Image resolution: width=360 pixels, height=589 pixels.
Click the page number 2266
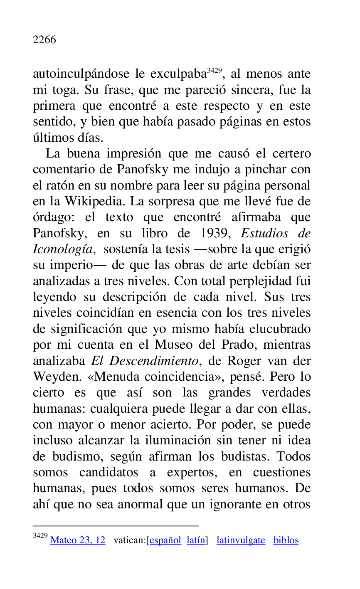coord(44,40)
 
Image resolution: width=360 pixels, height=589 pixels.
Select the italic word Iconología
coord(62,249)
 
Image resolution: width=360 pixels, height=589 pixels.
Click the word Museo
coord(175,345)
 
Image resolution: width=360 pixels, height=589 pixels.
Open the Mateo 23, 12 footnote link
coord(78,540)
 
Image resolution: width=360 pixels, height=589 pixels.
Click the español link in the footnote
coord(165,540)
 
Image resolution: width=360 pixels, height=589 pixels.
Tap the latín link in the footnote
coord(196,540)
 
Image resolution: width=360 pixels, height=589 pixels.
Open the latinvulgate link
coord(241,540)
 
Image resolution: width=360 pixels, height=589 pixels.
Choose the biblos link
coord(286,540)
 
